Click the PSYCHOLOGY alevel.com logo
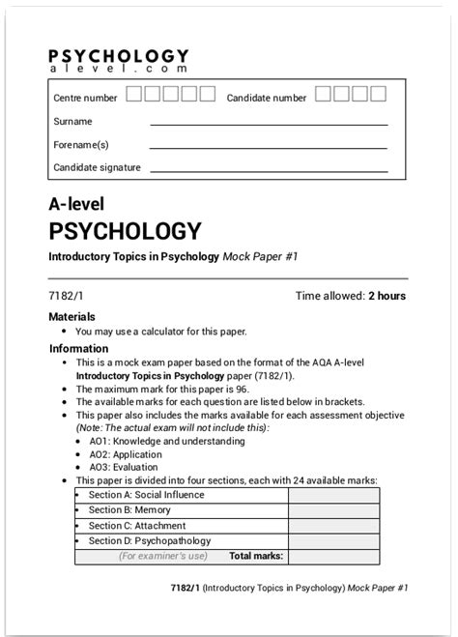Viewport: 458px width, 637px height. click(x=118, y=63)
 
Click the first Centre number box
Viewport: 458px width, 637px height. click(x=135, y=94)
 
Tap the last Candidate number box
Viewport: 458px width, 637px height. click(x=378, y=94)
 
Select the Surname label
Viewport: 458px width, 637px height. click(x=72, y=122)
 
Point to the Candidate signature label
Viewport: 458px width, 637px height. click(x=97, y=167)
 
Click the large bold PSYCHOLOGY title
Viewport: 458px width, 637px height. click(x=125, y=232)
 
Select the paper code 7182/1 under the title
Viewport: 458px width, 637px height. click(x=66, y=296)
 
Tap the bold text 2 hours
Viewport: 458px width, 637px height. click(x=386, y=296)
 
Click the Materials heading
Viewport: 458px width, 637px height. click(x=72, y=316)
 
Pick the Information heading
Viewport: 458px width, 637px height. click(x=78, y=349)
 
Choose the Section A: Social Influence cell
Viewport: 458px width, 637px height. click(x=146, y=495)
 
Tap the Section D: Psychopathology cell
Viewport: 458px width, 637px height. click(x=149, y=541)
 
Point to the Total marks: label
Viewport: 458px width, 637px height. click(x=255, y=556)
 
